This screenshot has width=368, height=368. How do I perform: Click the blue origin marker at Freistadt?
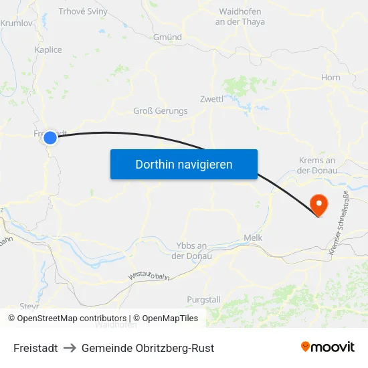click(50, 138)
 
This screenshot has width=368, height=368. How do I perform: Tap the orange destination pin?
click(320, 205)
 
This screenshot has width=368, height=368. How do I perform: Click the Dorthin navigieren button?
click(184, 164)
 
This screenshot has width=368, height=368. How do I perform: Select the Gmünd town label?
click(167, 37)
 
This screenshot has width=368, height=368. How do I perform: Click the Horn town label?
click(331, 78)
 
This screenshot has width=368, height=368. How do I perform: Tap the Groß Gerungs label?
click(161, 111)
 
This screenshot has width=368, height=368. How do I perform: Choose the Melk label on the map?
click(253, 238)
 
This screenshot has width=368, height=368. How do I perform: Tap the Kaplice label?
click(48, 50)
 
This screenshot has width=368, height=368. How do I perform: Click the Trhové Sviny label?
click(83, 11)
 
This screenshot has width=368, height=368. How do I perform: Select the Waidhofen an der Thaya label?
click(240, 17)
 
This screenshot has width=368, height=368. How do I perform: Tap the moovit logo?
click(328, 347)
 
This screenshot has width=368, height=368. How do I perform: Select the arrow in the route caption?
click(70, 348)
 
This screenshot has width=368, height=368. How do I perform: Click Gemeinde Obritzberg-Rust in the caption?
click(148, 348)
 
